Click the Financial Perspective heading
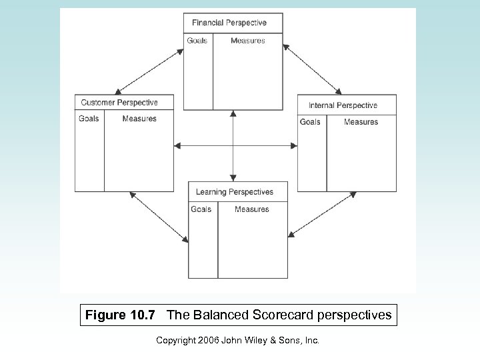(x=229, y=23)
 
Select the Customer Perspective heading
(x=119, y=103)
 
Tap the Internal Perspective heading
(x=343, y=105)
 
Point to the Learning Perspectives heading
(x=234, y=192)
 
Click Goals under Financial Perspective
(x=197, y=41)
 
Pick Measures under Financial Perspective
(x=247, y=41)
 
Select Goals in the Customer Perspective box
(x=89, y=119)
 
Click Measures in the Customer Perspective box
(x=139, y=119)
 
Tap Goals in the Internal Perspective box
(x=310, y=122)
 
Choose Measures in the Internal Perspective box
(x=361, y=122)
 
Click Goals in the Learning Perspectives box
(x=201, y=209)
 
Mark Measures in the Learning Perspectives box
(x=252, y=209)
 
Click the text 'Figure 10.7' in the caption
(x=122, y=315)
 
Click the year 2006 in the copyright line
(x=207, y=341)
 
